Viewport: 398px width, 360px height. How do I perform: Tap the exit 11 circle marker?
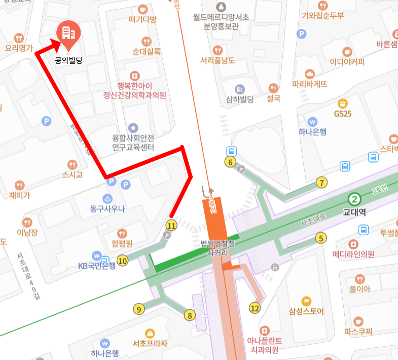(x=171, y=225)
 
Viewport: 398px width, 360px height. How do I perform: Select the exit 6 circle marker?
(x=231, y=162)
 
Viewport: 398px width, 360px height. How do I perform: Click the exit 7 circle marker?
(x=321, y=183)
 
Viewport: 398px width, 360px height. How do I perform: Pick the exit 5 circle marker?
(x=320, y=238)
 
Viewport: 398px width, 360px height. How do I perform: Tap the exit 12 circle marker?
(x=255, y=307)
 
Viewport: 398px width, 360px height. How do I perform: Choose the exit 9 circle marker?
(x=138, y=309)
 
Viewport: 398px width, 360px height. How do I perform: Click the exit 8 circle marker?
(x=190, y=315)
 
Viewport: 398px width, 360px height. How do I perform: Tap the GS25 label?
(x=343, y=114)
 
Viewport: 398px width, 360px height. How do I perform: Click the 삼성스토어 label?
(x=306, y=311)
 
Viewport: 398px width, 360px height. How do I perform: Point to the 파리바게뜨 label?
(x=310, y=84)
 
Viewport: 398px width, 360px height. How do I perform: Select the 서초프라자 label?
(x=150, y=343)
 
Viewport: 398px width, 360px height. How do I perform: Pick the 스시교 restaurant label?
(x=72, y=175)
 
